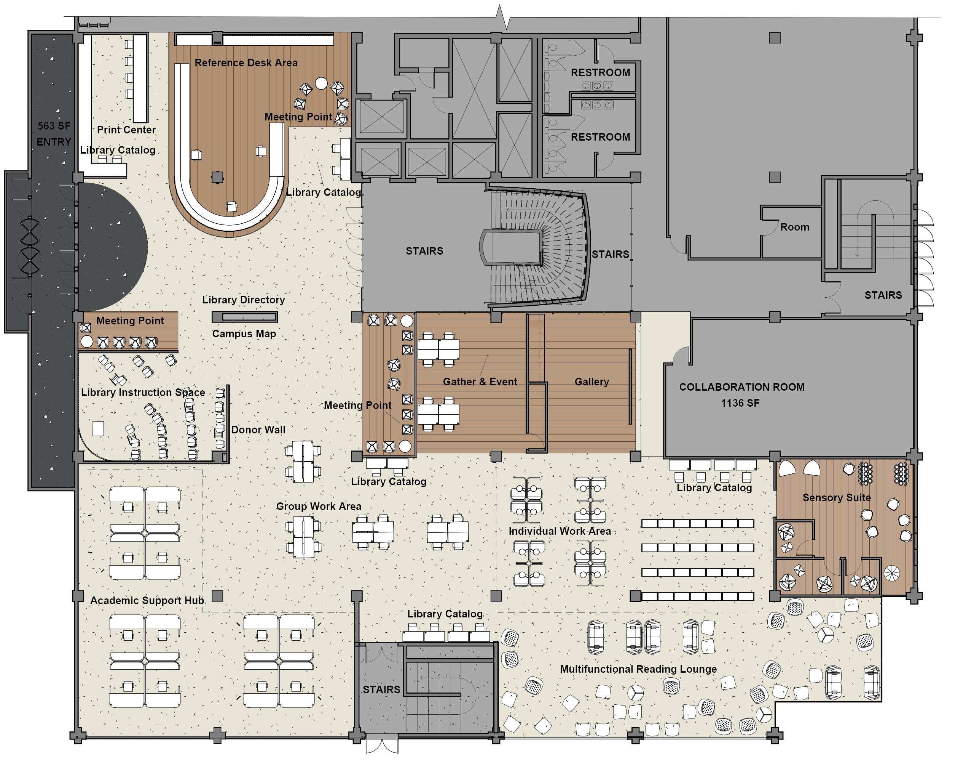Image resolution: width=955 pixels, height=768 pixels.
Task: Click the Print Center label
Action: click(x=126, y=130)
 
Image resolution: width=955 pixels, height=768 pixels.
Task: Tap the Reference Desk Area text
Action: click(x=246, y=63)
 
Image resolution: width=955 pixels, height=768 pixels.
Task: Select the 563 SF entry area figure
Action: click(x=54, y=126)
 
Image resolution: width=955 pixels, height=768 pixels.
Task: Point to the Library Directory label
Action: click(x=243, y=300)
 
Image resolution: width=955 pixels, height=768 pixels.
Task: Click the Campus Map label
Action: click(x=244, y=334)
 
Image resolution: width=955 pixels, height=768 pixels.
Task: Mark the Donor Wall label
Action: click(x=258, y=430)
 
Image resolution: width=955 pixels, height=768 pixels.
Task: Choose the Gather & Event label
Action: click(x=480, y=382)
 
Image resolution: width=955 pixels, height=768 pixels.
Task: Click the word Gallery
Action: click(x=591, y=382)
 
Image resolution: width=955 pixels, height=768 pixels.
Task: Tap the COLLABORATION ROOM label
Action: click(x=741, y=387)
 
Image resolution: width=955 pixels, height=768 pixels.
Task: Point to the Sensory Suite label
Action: click(x=836, y=498)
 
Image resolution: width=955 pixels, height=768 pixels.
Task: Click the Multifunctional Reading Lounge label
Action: click(x=638, y=669)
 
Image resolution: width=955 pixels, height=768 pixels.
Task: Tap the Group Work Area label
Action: click(x=319, y=507)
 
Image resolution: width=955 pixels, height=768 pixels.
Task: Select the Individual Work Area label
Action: click(x=560, y=531)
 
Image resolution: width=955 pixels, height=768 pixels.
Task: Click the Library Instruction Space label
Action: click(x=143, y=393)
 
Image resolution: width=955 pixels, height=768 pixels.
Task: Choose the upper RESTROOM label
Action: click(x=600, y=73)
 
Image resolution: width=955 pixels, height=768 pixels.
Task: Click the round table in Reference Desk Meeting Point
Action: click(x=321, y=83)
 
